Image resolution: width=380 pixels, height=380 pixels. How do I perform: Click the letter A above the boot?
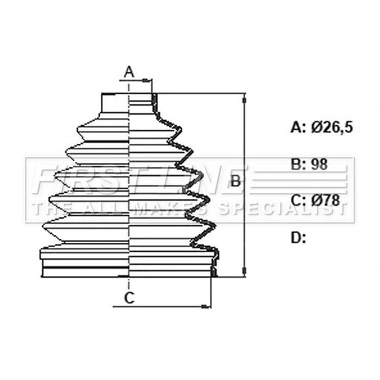pyautogui.click(x=129, y=72)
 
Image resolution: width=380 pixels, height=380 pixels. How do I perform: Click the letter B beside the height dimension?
pyautogui.click(x=235, y=180)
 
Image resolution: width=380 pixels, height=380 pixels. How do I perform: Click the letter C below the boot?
pyautogui.click(x=129, y=298)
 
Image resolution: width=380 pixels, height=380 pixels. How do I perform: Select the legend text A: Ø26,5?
pyautogui.click(x=322, y=127)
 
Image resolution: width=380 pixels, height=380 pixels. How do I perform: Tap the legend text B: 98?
pyautogui.click(x=309, y=164)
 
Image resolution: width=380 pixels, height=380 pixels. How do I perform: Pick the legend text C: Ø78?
pyautogui.click(x=315, y=200)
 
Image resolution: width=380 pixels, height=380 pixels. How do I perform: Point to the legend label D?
pyautogui.click(x=298, y=237)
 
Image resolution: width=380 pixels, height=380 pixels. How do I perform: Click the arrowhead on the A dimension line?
pyautogui.click(x=146, y=80)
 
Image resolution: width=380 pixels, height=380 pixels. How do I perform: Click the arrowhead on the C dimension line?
pyautogui.click(x=206, y=306)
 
